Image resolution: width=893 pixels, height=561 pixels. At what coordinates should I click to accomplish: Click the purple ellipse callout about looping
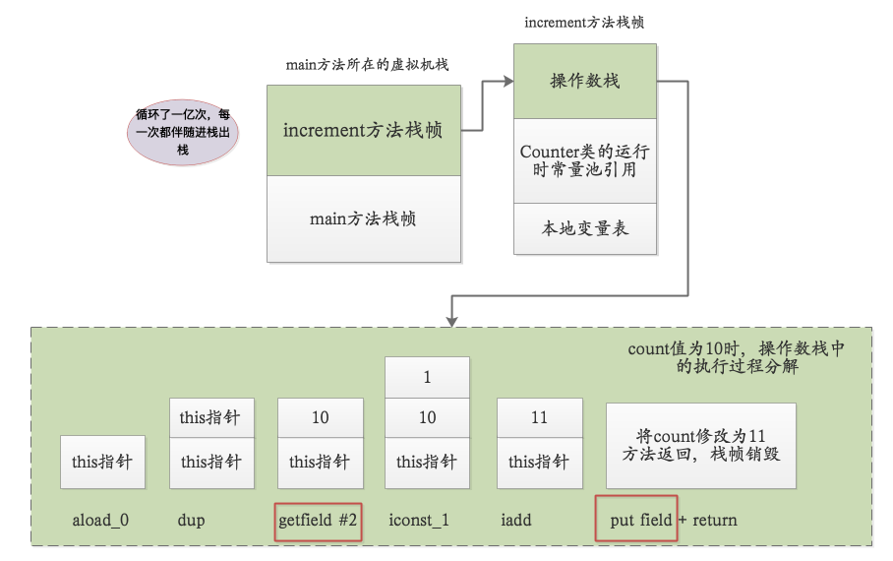point(182,132)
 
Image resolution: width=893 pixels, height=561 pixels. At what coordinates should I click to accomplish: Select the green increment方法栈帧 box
point(364,131)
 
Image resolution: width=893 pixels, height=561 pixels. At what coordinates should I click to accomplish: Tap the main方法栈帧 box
point(364,218)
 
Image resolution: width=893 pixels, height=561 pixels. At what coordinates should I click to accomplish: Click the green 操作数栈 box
point(585,81)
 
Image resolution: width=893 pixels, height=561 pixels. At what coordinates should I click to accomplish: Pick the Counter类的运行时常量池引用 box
point(585,160)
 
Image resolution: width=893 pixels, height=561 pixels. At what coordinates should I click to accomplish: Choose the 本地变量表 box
point(585,228)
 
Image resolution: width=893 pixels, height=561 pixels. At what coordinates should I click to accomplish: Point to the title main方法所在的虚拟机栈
point(368,64)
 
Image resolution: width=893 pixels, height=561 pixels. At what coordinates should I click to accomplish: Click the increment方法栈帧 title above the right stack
point(584,23)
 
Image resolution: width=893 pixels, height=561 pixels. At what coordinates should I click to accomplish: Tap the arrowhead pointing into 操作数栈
point(508,82)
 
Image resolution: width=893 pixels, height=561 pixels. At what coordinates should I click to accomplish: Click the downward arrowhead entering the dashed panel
point(451,322)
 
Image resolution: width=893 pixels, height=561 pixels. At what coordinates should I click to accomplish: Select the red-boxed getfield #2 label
point(318,521)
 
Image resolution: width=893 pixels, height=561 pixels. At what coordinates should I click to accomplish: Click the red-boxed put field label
point(636,519)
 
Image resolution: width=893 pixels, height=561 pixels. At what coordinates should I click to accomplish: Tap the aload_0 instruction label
point(100,520)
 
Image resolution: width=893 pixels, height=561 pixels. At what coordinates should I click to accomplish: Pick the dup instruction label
point(192,520)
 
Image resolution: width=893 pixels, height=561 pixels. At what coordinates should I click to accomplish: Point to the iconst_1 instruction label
point(419,520)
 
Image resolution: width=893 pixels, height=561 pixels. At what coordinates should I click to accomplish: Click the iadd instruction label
point(516,520)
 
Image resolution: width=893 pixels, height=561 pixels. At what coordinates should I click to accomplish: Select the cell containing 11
point(540,418)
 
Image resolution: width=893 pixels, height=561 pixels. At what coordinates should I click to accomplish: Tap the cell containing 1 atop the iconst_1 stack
point(427,377)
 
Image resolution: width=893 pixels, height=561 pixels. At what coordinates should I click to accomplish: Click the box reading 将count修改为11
point(701,446)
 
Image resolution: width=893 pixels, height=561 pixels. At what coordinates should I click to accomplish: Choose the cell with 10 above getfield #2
point(321,418)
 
